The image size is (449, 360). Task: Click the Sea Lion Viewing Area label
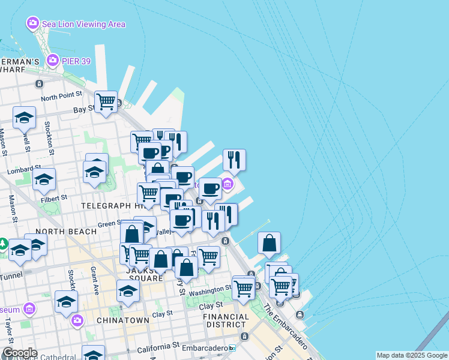click(83, 24)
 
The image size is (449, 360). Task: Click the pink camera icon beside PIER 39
click(53, 60)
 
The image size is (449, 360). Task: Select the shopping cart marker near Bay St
click(106, 102)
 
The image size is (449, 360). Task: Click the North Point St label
click(61, 97)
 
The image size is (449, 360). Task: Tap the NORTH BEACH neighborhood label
click(66, 231)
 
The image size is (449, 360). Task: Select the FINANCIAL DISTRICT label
click(226, 320)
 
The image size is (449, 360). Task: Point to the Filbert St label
click(54, 196)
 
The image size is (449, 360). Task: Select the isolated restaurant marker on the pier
click(234, 160)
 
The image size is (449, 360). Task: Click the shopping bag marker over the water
click(270, 243)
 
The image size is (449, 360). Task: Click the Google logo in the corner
click(20, 353)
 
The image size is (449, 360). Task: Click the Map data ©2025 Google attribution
click(411, 355)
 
